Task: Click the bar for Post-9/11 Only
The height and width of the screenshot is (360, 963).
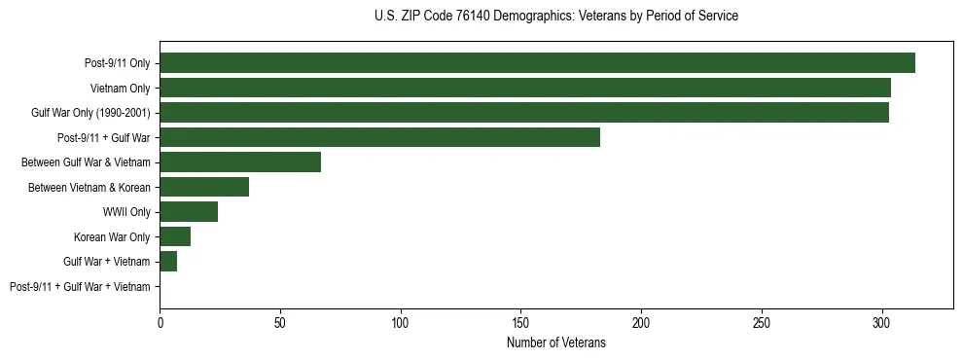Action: [x=537, y=63]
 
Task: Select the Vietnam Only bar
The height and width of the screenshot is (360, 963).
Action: [x=525, y=88]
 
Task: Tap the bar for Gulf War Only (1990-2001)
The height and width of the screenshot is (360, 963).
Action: [x=524, y=113]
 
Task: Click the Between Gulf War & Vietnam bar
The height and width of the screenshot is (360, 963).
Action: [x=240, y=162]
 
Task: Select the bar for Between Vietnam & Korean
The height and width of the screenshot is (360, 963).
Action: [x=204, y=187]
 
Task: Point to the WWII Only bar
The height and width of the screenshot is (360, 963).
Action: [x=189, y=212]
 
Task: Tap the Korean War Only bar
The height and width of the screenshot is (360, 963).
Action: [x=175, y=236]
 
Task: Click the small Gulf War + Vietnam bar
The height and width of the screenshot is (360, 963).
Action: [x=168, y=262]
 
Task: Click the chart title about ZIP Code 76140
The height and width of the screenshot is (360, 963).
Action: [x=555, y=17]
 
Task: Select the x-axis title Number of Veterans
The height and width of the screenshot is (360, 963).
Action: [x=555, y=343]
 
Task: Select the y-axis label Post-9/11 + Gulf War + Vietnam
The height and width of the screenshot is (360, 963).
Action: [x=80, y=287]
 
